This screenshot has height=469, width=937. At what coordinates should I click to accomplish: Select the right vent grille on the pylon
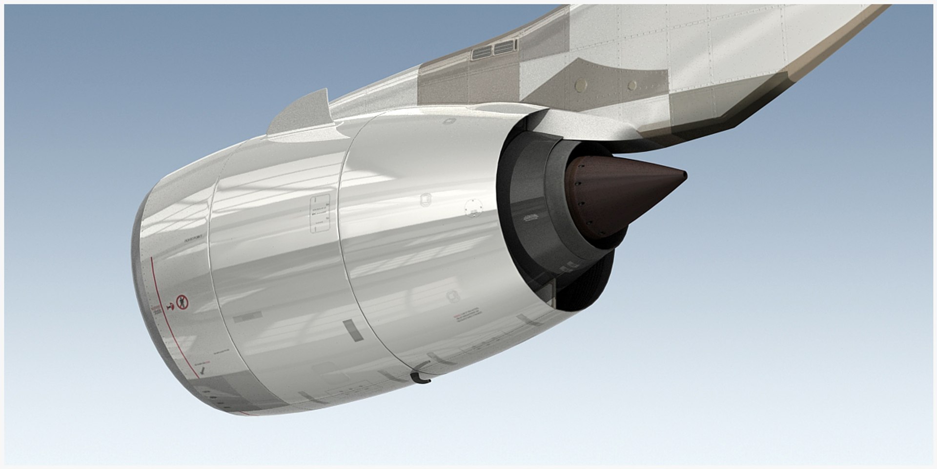tap(505, 47)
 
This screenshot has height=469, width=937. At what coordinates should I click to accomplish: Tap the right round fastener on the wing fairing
tap(632, 86)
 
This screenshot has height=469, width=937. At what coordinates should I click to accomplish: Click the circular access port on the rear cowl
tap(472, 207)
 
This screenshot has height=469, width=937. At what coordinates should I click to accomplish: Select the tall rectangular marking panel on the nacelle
tap(320, 213)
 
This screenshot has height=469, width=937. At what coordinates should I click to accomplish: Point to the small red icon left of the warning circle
tap(170, 306)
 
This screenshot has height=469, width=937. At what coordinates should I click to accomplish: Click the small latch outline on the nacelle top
tap(448, 121)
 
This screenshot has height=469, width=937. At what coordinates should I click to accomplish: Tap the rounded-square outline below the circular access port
tap(453, 296)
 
